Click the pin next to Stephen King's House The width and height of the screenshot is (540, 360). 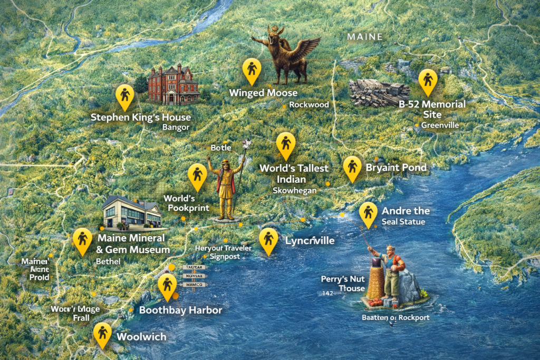click(x=125, y=95)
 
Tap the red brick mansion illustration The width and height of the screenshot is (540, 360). click(x=173, y=84)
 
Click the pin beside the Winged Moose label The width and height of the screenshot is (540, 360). click(x=252, y=70)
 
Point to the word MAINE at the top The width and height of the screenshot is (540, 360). click(x=365, y=37)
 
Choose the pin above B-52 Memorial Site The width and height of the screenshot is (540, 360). click(x=428, y=81)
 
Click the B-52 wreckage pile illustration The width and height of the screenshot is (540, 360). click(x=379, y=92)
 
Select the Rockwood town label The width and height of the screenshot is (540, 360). click(x=309, y=105)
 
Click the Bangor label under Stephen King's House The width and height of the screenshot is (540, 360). click(x=176, y=128)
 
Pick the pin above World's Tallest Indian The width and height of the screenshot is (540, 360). click(x=286, y=144)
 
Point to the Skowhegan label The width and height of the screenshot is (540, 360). click(x=295, y=191)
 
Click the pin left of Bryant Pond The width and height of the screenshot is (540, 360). click(x=352, y=168)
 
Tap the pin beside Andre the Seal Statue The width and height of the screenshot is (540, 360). click(x=368, y=213)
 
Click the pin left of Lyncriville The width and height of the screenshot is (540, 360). click(x=269, y=240)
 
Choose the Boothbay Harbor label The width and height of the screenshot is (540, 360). click(x=180, y=310)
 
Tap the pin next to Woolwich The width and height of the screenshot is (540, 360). click(x=102, y=334)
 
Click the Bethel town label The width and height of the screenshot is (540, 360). click(x=108, y=261)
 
